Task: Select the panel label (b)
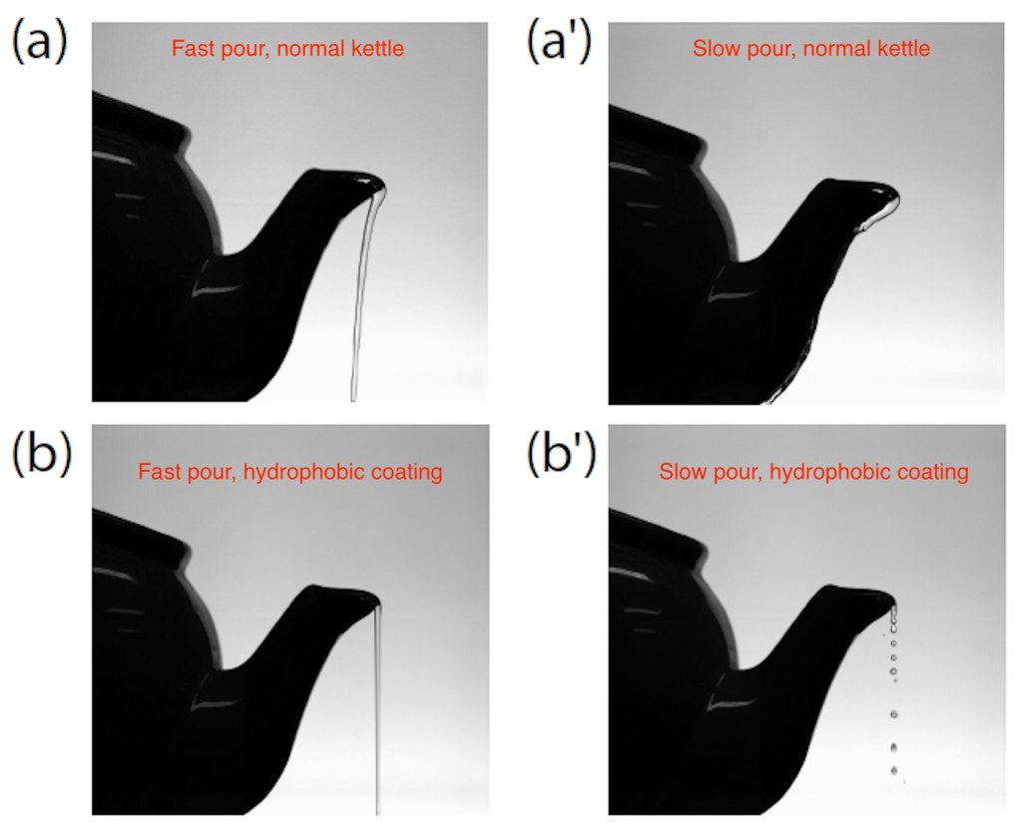pos(41,454)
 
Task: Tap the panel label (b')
pos(561,454)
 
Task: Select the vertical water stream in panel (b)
pos(377,710)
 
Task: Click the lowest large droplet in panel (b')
pos(893,771)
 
